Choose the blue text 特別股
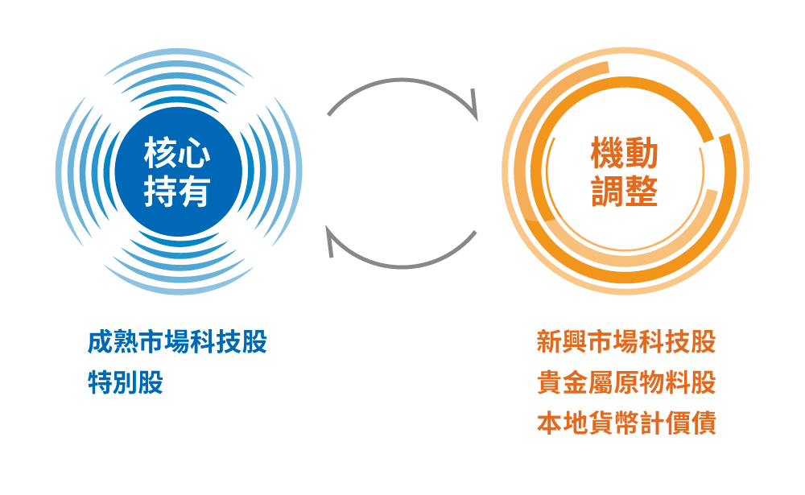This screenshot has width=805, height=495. [125, 382]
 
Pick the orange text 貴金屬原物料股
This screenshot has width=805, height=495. [626, 382]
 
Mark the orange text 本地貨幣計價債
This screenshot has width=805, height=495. [626, 423]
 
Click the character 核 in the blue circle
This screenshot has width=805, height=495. [160, 153]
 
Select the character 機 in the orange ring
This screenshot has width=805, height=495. [608, 153]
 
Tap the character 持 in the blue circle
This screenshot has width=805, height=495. [160, 192]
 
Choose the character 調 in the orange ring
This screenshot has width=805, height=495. [608, 192]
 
